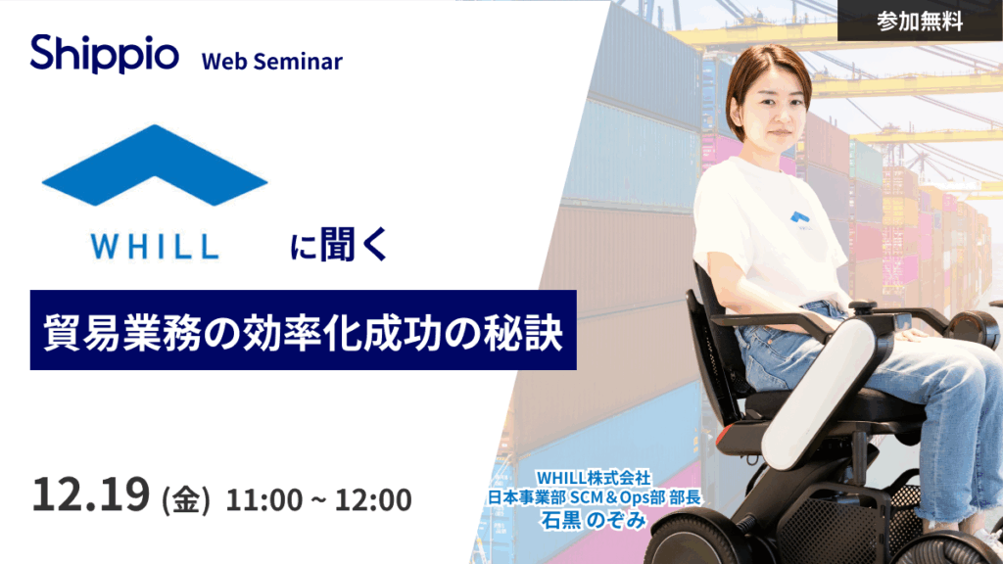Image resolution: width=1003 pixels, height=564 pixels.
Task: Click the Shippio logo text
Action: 104,55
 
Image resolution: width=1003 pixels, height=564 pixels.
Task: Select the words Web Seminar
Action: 272,62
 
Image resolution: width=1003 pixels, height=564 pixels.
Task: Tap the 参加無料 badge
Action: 920,22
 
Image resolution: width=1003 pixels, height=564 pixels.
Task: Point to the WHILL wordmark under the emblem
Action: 155,247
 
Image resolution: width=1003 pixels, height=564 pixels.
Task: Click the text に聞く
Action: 339,244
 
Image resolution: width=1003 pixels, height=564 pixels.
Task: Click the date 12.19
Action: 91,494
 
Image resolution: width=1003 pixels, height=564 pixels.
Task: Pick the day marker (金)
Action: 185,499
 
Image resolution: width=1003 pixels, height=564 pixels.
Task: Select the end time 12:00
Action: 373,499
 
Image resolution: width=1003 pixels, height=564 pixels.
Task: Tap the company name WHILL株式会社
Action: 594,478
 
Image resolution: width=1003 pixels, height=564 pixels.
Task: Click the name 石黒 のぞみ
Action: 594,520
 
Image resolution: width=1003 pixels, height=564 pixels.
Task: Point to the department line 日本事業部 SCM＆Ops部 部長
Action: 595,497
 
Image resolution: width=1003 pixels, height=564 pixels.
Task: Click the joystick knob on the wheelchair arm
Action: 864,306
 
